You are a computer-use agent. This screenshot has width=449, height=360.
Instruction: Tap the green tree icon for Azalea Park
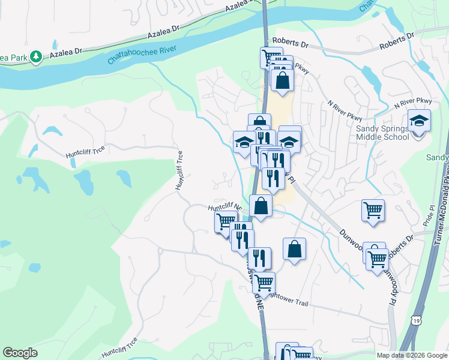pos(37,56)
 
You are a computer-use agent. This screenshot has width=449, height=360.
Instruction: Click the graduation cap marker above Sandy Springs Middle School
pos(419,121)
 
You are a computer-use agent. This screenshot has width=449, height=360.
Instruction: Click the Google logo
pos(20,352)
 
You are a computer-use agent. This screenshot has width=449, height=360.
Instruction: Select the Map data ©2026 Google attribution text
pos(411,355)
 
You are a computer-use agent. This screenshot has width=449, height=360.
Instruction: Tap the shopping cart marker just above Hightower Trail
pos(264,282)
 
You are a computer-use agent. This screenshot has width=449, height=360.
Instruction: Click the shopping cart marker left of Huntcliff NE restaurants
pos(225,221)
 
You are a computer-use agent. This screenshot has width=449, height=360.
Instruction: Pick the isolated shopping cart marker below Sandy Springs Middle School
pos(373,211)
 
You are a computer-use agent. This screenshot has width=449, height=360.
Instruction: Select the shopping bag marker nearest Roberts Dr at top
pos(282,79)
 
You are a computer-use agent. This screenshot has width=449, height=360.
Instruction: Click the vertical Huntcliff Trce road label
pos(179,171)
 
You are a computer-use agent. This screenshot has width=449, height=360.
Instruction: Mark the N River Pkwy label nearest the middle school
pos(412,104)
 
